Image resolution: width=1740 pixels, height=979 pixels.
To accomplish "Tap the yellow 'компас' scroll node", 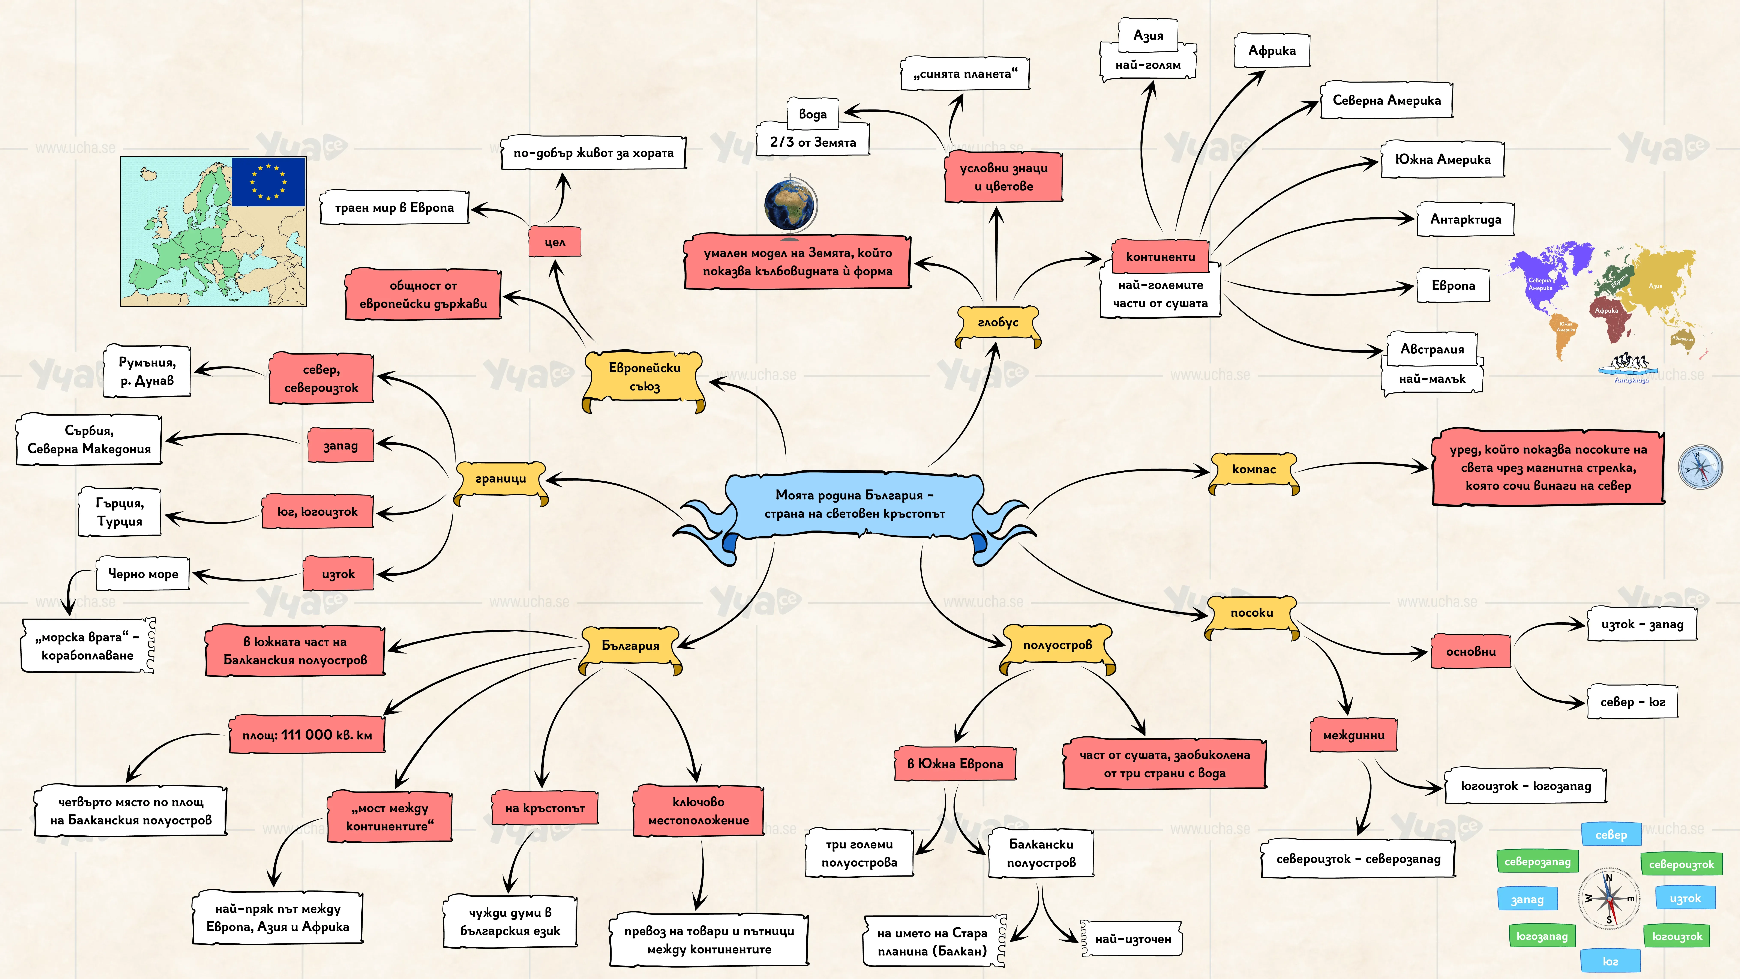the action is [x=1254, y=471].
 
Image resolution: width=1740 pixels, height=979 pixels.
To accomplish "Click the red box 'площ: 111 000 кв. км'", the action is [x=307, y=734].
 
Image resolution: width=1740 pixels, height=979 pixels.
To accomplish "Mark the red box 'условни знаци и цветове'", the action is [x=1003, y=177].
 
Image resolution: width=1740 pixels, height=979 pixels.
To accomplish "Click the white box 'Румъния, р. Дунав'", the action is [x=147, y=371].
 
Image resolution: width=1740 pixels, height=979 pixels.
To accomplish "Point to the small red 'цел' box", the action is [x=555, y=242].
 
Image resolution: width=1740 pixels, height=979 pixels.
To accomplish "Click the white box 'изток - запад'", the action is [x=1642, y=624].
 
